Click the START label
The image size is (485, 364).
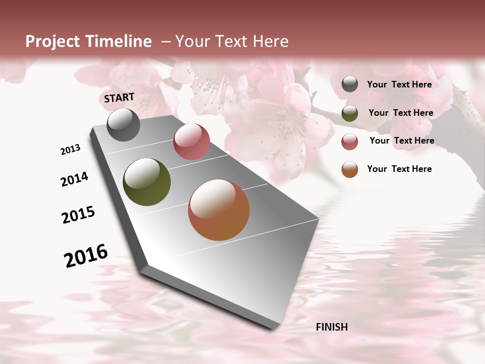(119, 98)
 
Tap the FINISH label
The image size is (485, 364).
(331, 327)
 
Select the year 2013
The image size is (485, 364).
(70, 150)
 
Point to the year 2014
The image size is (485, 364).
(74, 179)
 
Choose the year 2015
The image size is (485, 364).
(78, 215)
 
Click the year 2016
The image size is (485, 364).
(86, 256)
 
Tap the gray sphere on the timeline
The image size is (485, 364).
(123, 124)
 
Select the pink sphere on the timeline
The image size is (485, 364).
(191, 142)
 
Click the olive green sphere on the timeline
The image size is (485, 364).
(147, 182)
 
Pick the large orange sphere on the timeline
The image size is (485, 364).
(219, 210)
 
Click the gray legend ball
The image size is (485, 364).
(350, 84)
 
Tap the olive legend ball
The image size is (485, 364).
(350, 113)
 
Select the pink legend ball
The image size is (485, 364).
(350, 141)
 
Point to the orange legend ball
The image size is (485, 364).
(350, 169)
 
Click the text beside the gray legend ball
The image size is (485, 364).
(399, 84)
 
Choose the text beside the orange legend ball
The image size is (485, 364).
(399, 169)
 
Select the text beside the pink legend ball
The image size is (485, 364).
(402, 141)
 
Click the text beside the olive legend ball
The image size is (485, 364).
(401, 113)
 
